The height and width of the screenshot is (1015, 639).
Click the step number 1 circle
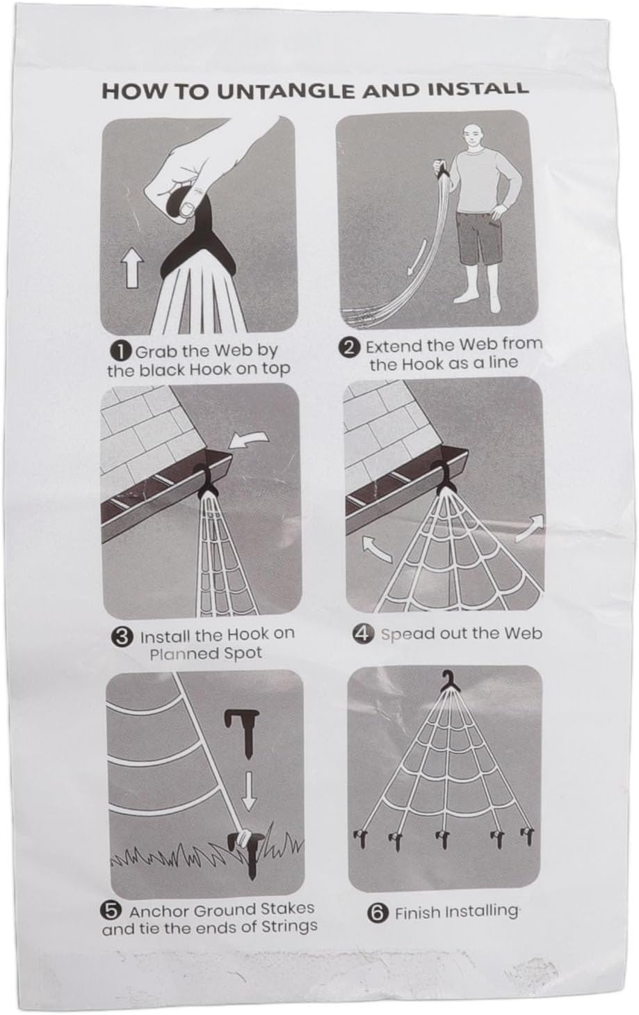121,350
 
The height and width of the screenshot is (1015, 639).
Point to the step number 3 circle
122,636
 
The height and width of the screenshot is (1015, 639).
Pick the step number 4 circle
363,634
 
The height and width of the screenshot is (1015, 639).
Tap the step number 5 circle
111,910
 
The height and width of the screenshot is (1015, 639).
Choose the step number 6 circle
378,912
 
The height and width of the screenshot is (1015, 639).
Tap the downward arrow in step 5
248,793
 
